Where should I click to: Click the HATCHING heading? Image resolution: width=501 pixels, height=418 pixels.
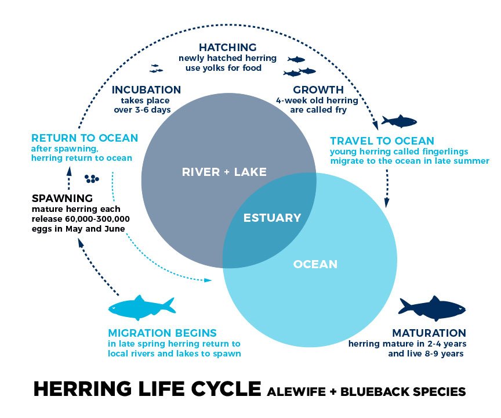pyautogui.click(x=227, y=47)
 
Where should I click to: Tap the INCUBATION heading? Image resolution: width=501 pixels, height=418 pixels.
pyautogui.click(x=146, y=90)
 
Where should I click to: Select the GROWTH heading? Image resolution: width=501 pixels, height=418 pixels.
pyautogui.click(x=318, y=90)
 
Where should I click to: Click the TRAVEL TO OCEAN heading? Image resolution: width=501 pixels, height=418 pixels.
pyautogui.click(x=382, y=140)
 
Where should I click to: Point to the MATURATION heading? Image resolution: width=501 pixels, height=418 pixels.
pyautogui.click(x=429, y=333)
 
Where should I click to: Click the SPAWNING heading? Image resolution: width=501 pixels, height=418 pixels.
pyautogui.click(x=63, y=197)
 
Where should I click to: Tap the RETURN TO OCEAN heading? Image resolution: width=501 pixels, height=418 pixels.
pyautogui.click(x=85, y=138)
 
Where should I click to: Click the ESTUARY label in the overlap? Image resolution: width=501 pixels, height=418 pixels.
pyautogui.click(x=272, y=218)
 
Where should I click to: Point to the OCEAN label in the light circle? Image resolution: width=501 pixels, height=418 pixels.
pyautogui.click(x=315, y=264)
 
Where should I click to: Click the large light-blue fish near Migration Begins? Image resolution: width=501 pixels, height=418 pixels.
pyautogui.click(x=141, y=308)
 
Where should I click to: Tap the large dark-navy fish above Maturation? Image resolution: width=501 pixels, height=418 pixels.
pyautogui.click(x=431, y=308)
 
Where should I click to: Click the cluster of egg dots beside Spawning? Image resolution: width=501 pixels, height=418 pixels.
pyautogui.click(x=92, y=178)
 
